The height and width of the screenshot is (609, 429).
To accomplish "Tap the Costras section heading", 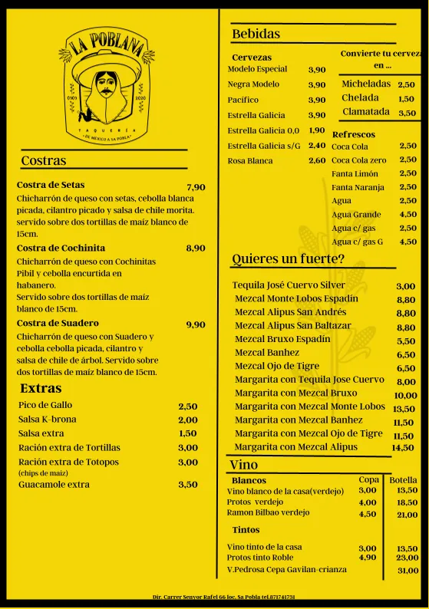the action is (x=44, y=161).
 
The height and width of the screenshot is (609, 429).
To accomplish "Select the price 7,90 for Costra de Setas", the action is (x=196, y=187).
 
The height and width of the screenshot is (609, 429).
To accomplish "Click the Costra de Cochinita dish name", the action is (x=61, y=248).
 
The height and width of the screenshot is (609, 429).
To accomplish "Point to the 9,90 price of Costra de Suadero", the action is (x=196, y=324).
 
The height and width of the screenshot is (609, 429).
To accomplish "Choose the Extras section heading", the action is (x=41, y=388).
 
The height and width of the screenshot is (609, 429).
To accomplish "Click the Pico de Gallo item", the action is (x=45, y=405).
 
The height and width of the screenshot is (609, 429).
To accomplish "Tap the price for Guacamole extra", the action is (x=187, y=485).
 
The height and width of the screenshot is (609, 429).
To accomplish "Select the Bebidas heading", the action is (x=256, y=34).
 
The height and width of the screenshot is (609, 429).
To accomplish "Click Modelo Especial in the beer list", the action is (x=257, y=69).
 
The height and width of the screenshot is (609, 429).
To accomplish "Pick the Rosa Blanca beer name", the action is (x=250, y=161).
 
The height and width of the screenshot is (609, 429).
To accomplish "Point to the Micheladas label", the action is (x=366, y=84).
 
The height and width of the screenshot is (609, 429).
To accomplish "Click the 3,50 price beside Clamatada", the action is (x=407, y=113).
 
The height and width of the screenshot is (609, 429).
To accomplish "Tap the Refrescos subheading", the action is (x=353, y=134).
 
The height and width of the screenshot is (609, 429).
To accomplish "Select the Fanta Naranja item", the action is (x=358, y=187).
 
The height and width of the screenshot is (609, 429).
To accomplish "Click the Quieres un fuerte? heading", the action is (x=288, y=258).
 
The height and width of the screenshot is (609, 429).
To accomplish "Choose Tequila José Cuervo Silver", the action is (x=289, y=285).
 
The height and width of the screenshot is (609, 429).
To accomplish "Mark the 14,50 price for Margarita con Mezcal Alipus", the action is (x=403, y=448).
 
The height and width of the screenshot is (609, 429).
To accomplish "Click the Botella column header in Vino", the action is (x=404, y=480).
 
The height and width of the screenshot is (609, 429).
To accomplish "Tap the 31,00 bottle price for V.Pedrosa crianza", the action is (x=408, y=571).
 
